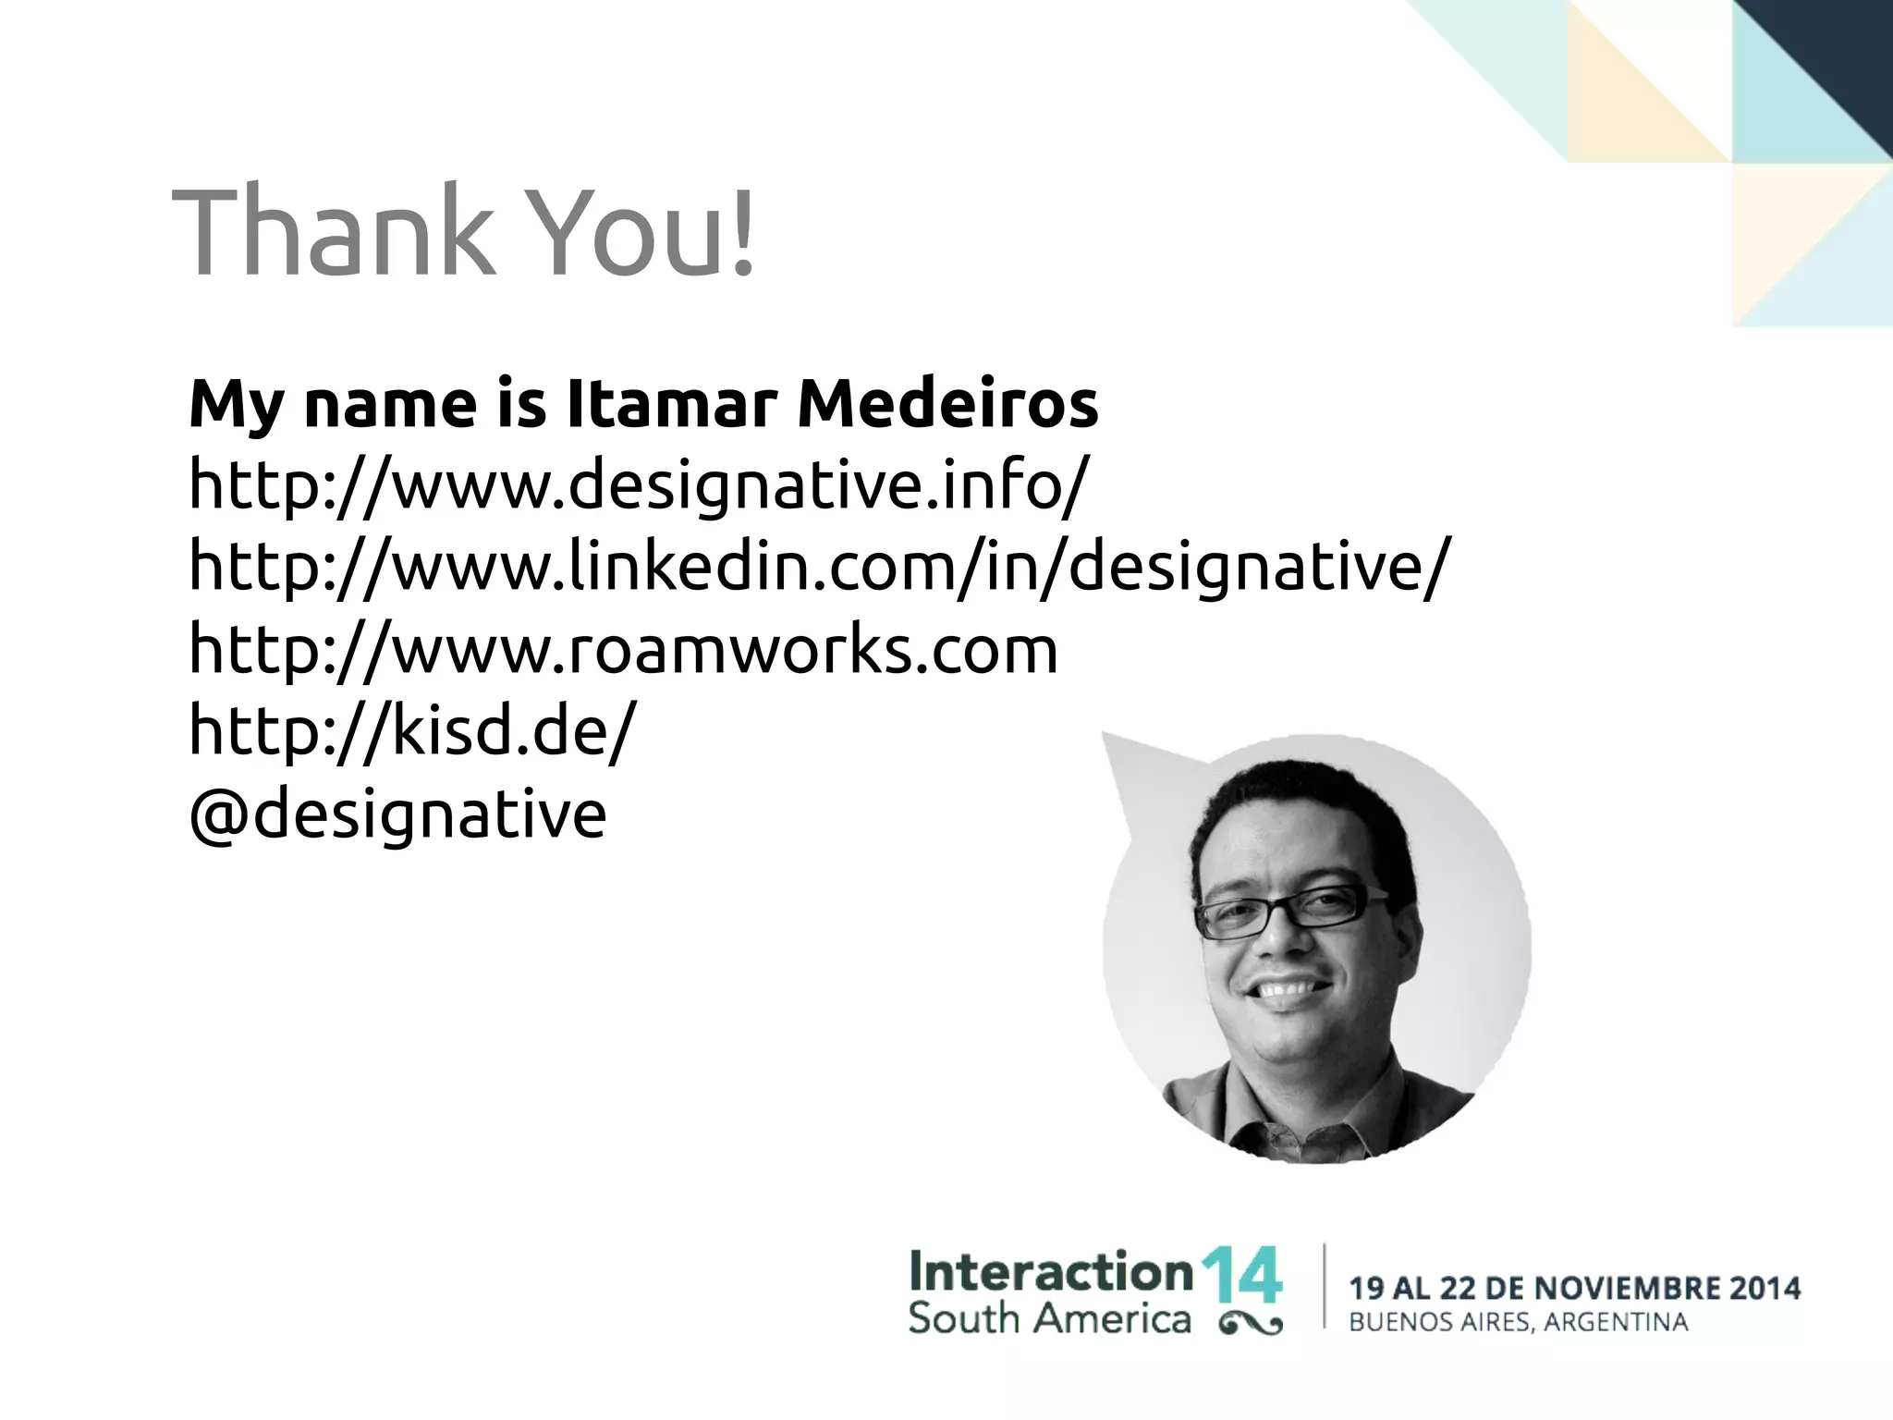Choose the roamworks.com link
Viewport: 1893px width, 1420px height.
coord(623,648)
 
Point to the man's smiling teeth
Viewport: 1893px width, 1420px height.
coord(1289,990)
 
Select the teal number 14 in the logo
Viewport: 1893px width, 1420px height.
coord(1240,1275)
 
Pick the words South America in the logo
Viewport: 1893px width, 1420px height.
coord(1049,1318)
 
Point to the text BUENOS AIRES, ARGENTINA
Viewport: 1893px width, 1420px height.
coord(1519,1323)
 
